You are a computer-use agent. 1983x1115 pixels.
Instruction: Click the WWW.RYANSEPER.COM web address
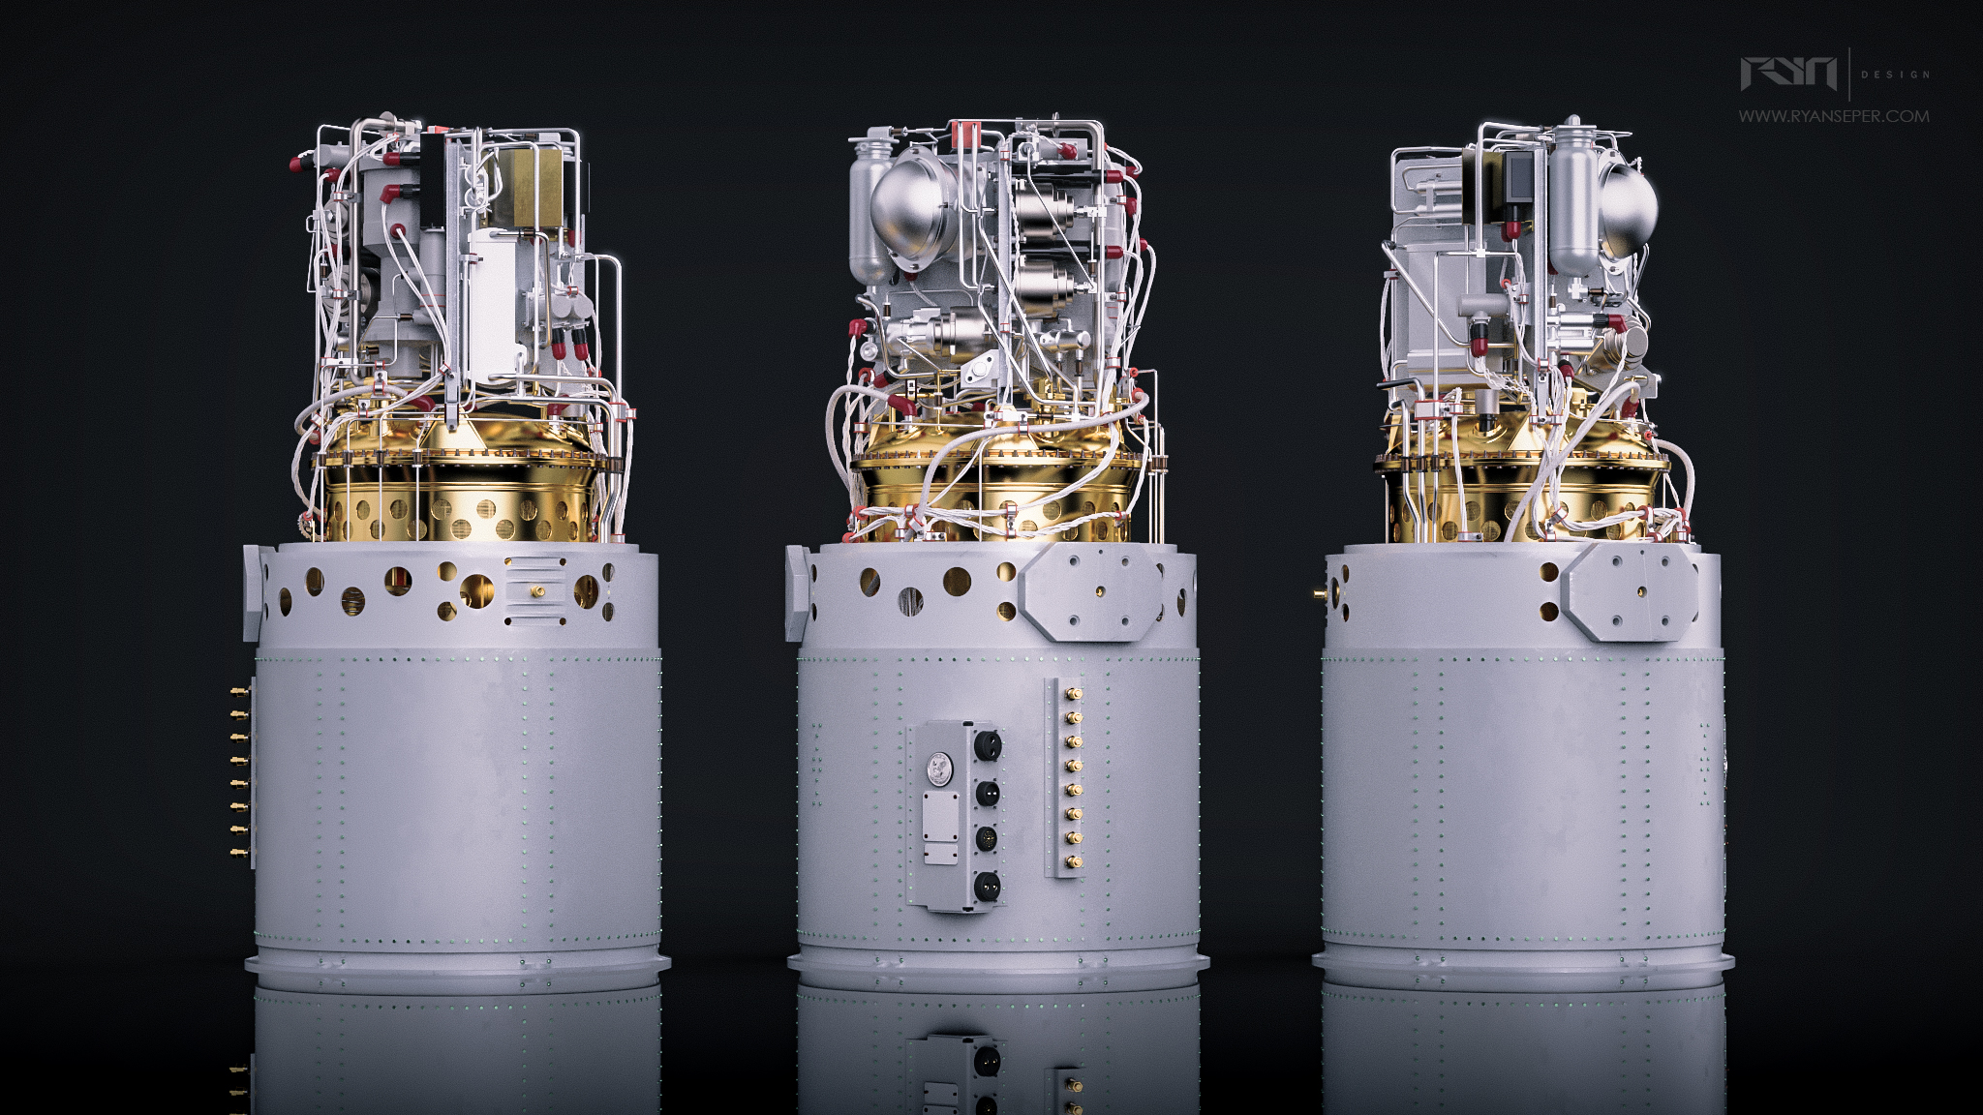[1834, 116]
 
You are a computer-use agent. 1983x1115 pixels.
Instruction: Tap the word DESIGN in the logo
[1895, 75]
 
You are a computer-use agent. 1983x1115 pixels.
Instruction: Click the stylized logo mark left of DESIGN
[1788, 74]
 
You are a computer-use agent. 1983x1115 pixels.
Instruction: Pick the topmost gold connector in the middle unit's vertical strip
[1072, 695]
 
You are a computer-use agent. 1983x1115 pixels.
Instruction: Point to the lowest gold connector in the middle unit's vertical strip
[1072, 860]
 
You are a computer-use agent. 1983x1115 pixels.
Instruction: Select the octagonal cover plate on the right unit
[1633, 591]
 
